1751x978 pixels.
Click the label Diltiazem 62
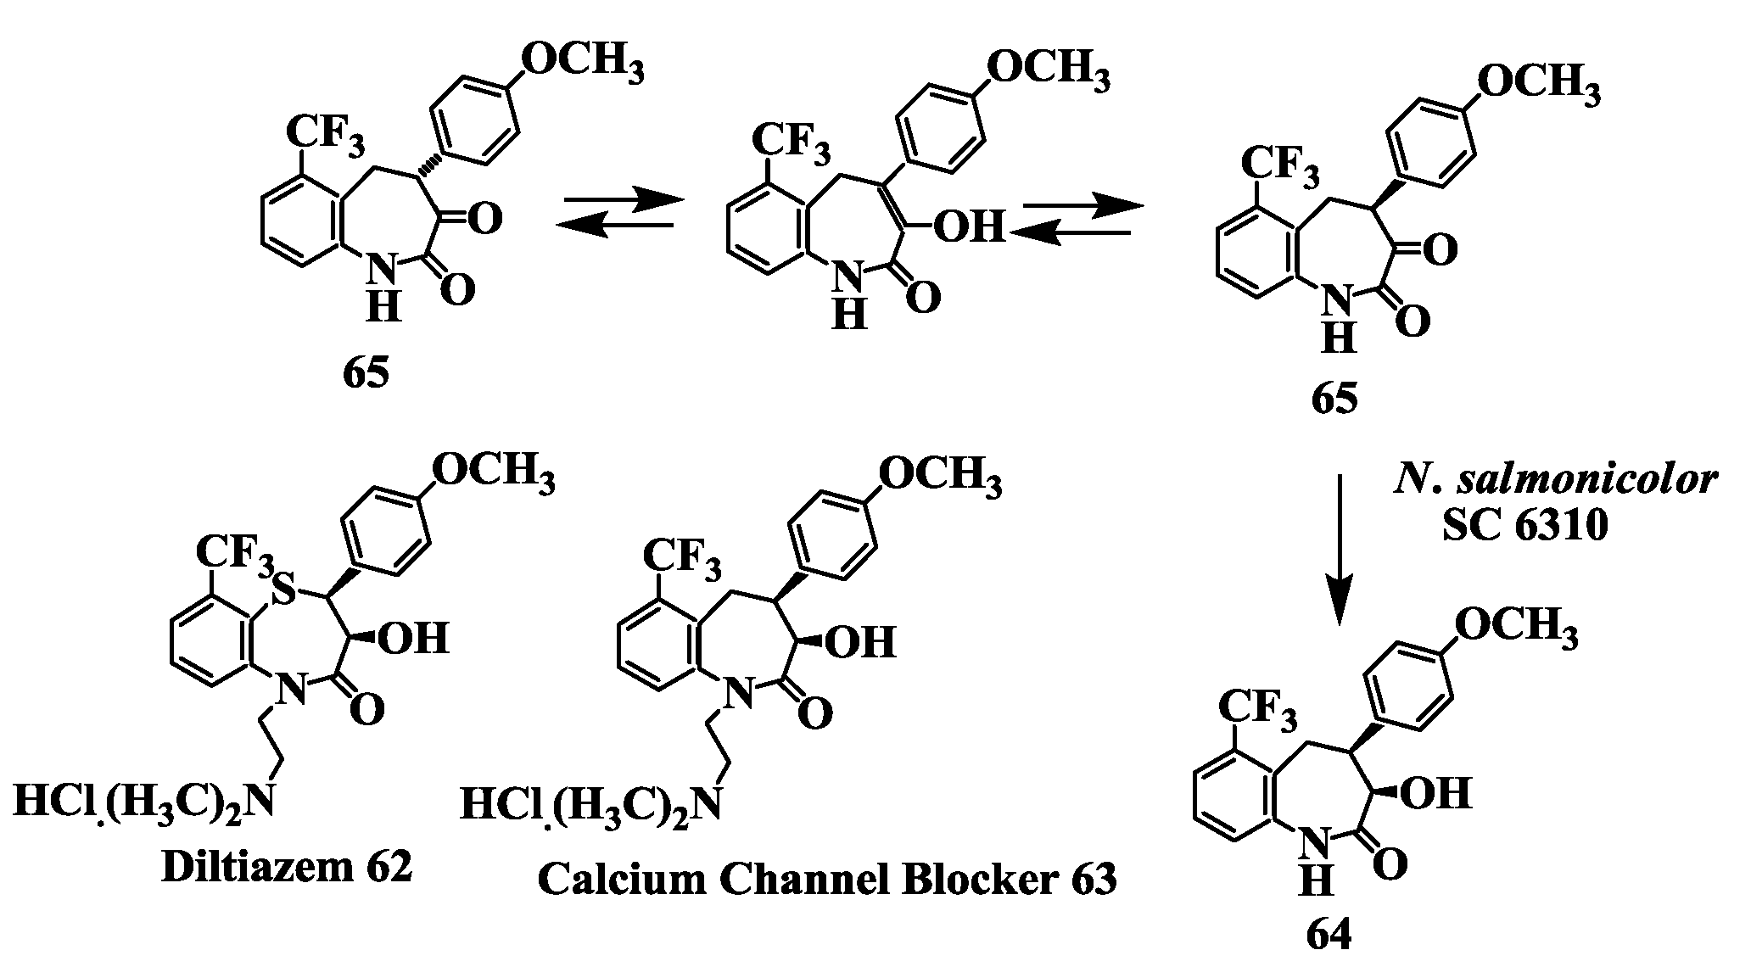[x=287, y=867]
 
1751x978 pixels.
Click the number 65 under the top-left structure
[x=366, y=372]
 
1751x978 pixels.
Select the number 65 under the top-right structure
[x=1334, y=397]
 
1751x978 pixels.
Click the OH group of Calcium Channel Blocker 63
[x=860, y=641]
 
